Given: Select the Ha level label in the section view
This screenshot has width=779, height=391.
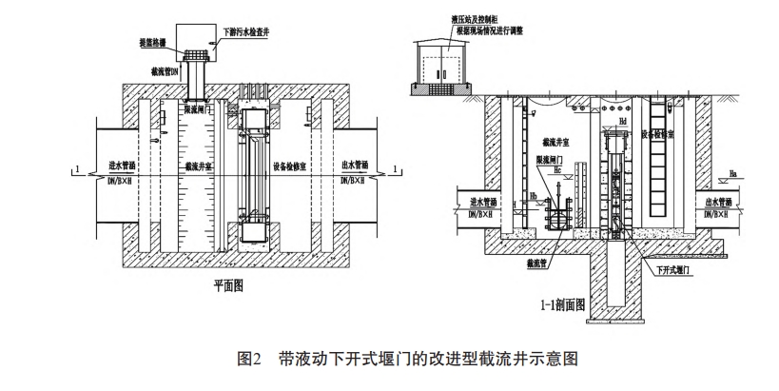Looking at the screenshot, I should [x=731, y=173].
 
